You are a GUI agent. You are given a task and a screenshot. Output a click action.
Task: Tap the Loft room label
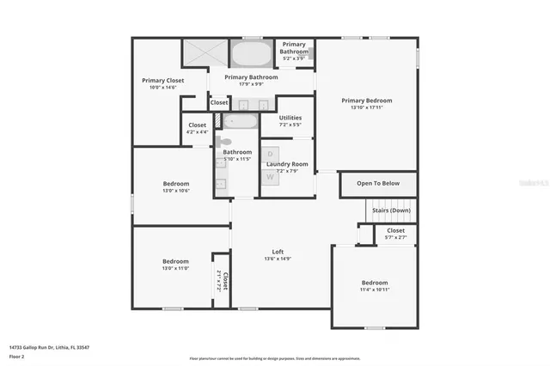click(272, 252)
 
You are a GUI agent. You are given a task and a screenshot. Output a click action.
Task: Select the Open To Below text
click(378, 183)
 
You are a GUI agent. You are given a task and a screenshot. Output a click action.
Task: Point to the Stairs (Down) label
click(391, 210)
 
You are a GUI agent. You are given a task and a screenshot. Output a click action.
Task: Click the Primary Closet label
click(163, 81)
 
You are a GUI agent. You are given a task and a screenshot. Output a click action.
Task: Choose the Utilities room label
click(290, 118)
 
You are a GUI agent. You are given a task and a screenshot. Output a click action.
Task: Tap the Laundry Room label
click(287, 163)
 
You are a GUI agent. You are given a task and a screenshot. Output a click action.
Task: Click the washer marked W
click(270, 177)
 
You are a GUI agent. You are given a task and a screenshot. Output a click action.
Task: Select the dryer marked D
click(270, 155)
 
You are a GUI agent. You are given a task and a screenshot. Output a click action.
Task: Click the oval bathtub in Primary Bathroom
click(251, 53)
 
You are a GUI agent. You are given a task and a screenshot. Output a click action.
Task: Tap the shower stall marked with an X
click(204, 52)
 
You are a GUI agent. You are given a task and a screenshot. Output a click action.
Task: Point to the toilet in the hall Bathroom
click(223, 142)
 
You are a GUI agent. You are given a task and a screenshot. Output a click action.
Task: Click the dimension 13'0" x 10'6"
click(176, 191)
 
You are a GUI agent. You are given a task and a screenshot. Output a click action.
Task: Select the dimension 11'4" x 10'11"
click(375, 290)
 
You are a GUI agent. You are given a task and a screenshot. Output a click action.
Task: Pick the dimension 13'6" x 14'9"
click(272, 259)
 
